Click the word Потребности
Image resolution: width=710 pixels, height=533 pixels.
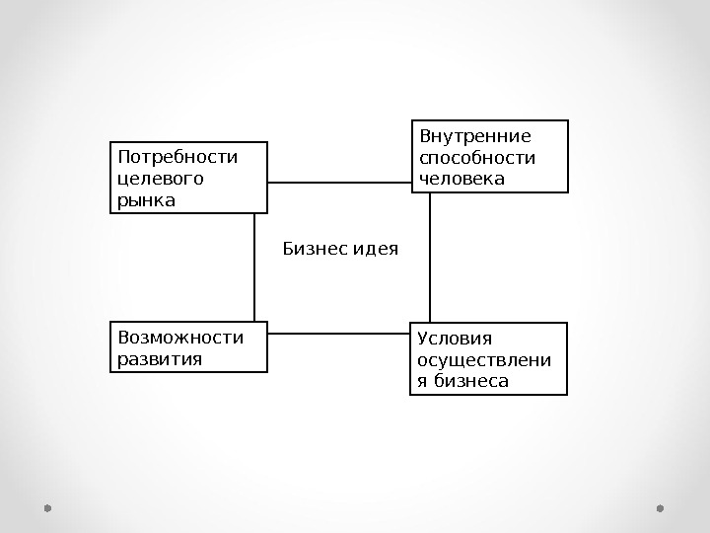177,157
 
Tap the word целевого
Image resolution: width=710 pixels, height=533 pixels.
161,179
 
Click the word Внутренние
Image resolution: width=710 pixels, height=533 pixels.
475,136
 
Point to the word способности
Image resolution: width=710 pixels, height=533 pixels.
477,158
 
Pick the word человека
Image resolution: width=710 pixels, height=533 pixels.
461,179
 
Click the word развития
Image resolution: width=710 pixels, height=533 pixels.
160,358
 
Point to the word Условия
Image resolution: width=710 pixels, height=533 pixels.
455,340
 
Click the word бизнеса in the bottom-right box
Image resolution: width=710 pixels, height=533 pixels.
471,381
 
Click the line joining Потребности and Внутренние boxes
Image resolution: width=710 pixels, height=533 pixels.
339,183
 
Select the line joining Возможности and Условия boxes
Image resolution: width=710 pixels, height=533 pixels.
338,333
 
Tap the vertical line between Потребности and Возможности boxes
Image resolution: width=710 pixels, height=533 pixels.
254,266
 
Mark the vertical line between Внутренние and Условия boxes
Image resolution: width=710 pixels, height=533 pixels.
430,257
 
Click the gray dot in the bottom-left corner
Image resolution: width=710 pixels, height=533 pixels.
46,508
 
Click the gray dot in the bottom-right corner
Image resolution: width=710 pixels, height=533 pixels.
661,508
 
